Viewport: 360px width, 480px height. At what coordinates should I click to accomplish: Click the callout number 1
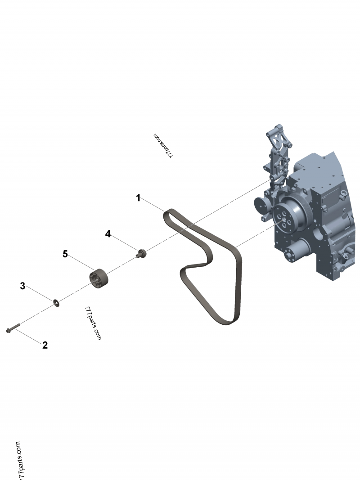click(x=139, y=197)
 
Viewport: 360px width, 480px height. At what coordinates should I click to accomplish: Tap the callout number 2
click(x=45, y=345)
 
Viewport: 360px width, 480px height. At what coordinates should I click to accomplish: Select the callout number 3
click(x=22, y=286)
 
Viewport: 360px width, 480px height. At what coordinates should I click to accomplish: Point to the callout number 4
click(x=108, y=233)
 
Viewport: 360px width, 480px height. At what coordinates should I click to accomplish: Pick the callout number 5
click(x=65, y=254)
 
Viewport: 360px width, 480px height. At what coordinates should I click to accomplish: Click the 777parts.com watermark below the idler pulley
click(x=93, y=323)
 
